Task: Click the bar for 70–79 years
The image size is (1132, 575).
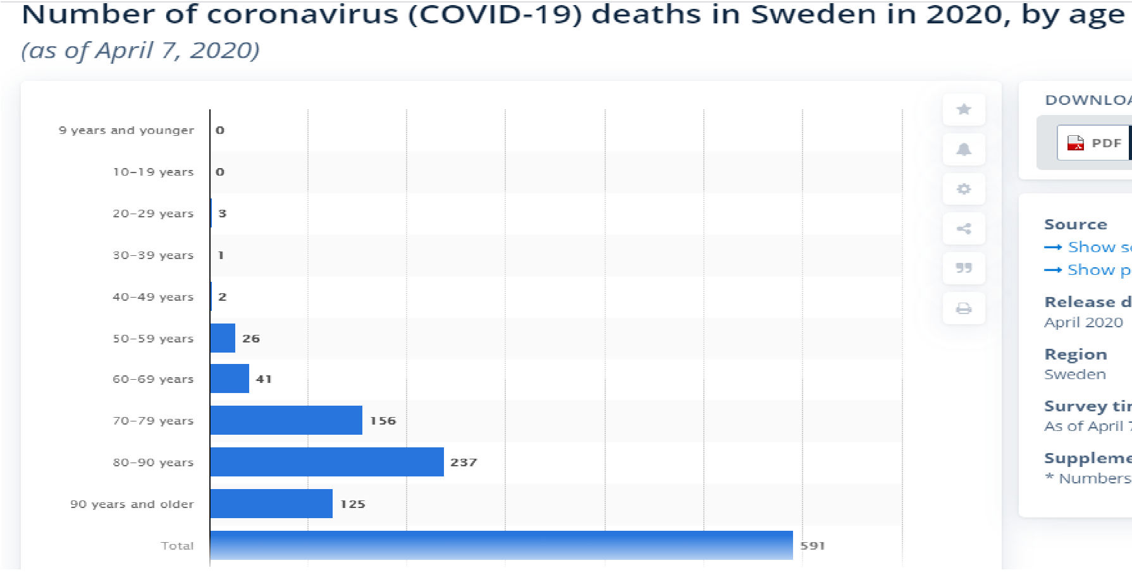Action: (x=286, y=420)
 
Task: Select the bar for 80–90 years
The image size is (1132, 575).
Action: (x=326, y=462)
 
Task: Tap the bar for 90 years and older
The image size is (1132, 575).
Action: (x=271, y=504)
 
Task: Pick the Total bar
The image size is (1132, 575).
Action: (x=501, y=545)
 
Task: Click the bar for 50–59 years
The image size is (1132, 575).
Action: (x=223, y=338)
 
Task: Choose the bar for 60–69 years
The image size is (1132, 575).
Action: (x=230, y=378)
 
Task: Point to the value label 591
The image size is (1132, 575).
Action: (x=813, y=545)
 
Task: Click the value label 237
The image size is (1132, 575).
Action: (x=464, y=463)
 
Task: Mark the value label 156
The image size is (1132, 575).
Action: (x=383, y=421)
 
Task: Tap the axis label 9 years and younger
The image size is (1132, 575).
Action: (x=126, y=130)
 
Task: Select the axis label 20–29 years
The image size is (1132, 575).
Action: (x=153, y=214)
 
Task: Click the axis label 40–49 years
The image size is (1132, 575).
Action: (x=153, y=297)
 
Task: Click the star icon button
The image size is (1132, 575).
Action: (x=964, y=109)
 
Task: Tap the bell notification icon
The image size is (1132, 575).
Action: (x=964, y=149)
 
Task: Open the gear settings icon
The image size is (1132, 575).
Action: (x=964, y=189)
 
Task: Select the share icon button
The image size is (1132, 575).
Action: (x=964, y=229)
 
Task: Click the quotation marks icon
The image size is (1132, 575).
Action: (x=964, y=268)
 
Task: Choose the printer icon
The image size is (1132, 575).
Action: (x=964, y=308)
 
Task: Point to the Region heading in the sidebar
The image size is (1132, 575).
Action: (x=1076, y=354)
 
